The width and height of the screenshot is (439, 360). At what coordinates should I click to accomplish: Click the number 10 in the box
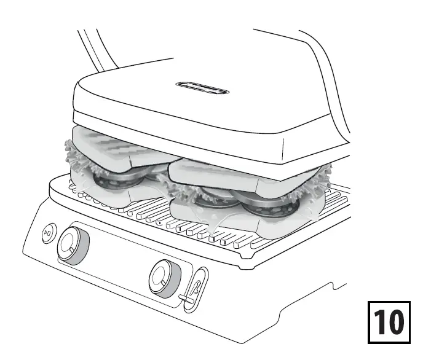[x=389, y=321]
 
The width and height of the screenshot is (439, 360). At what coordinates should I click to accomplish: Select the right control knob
[x=165, y=278]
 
